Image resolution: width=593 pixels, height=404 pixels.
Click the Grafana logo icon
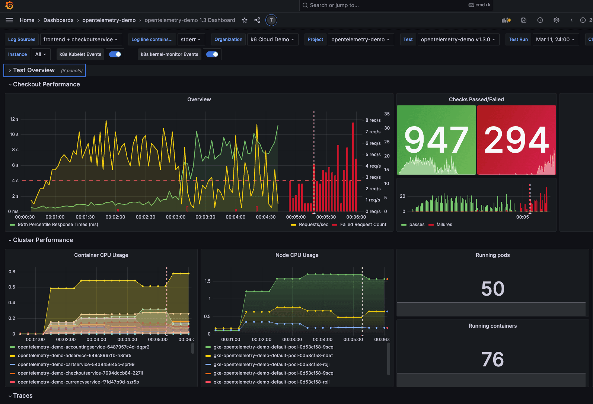point(10,5)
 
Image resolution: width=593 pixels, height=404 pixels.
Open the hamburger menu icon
point(9,20)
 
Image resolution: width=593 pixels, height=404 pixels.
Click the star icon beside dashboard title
point(245,20)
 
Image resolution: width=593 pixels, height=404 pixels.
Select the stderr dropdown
point(191,39)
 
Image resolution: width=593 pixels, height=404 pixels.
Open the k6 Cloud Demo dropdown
point(272,39)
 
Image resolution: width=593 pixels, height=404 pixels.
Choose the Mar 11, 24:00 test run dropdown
point(555,39)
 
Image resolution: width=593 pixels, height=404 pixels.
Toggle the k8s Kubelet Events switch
point(115,54)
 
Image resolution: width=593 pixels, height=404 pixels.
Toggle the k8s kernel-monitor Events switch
point(212,54)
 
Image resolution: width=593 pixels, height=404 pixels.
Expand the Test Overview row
point(34,70)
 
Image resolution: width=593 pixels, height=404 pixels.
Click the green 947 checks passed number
point(436,140)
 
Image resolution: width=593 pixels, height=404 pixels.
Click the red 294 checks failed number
point(516,140)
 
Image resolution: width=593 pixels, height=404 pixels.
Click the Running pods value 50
point(492,289)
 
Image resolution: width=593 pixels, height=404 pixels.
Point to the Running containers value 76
point(492,359)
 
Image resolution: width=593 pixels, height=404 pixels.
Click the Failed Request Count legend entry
point(363,225)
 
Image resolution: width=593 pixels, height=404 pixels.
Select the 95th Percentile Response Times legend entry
point(58,225)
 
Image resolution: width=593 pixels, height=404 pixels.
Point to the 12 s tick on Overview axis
point(14,119)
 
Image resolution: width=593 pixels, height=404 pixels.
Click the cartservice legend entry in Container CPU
point(76,365)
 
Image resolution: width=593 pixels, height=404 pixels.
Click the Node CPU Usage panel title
point(297,255)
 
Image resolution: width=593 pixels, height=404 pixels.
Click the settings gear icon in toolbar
point(556,20)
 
